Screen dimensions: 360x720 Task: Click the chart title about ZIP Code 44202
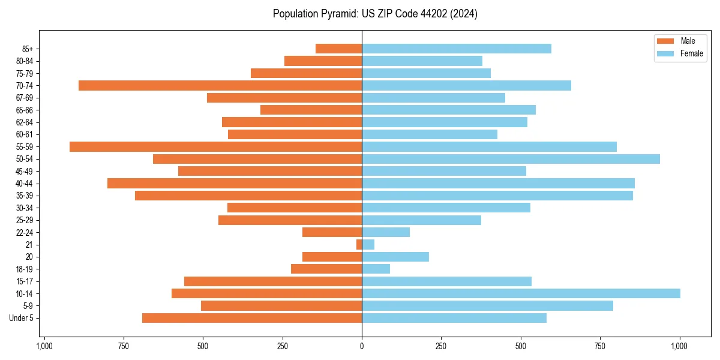coord(375,14)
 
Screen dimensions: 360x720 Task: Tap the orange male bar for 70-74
coord(220,85)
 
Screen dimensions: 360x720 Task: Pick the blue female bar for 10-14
coord(521,293)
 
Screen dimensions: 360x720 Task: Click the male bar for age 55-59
coord(215,146)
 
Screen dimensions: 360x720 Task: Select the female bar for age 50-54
coord(511,159)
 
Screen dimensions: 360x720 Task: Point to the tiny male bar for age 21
coord(359,244)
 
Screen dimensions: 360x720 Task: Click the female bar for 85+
coord(456,49)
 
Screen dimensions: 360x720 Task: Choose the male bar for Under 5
coord(252,318)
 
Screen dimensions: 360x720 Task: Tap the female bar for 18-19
coord(376,269)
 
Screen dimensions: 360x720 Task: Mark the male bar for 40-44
coord(235,183)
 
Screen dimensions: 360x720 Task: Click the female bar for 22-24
coord(386,232)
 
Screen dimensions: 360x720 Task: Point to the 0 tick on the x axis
coord(362,346)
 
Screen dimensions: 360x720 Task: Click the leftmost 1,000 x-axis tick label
coord(44,346)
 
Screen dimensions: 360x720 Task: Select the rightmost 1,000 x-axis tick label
coord(679,346)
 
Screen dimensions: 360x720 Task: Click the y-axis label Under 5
coord(21,318)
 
